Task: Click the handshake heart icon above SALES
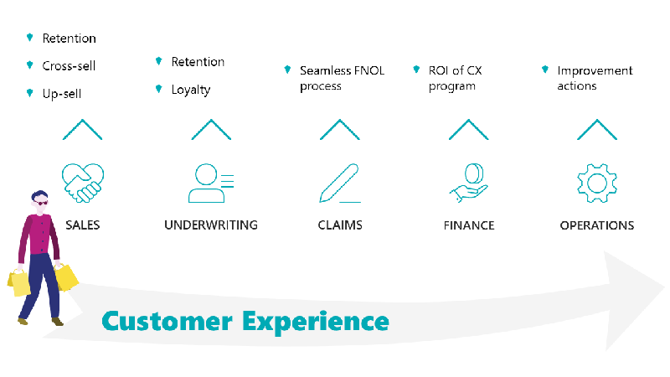83,183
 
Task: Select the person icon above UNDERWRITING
211,183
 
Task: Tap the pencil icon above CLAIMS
340,183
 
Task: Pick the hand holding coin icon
469,183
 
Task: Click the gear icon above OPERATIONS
597,183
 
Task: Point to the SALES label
82,225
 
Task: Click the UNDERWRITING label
211,225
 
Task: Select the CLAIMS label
340,225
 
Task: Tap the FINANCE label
469,225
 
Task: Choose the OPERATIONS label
597,225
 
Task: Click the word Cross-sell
69,66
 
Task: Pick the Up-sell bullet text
62,94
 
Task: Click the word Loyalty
191,90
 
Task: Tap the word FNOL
369,70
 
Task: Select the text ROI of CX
455,70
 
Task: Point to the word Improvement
595,71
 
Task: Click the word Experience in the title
316,323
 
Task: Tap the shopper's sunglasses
40,203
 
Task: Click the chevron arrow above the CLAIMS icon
340,129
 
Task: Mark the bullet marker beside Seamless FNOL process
287,70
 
